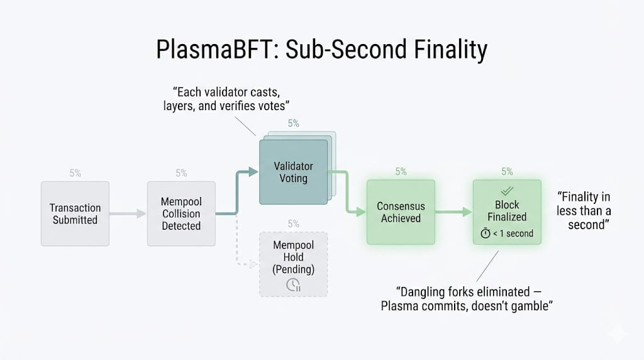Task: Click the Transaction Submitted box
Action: [75, 213]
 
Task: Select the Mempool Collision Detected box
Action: [181, 213]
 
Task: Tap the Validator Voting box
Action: [294, 172]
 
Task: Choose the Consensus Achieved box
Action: [401, 212]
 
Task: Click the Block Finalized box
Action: [507, 212]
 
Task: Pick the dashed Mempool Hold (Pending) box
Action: [293, 264]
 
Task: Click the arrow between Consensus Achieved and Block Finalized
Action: [454, 213]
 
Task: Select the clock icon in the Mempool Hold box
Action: [293, 284]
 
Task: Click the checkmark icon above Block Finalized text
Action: [507, 191]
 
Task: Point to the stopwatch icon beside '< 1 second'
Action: [485, 233]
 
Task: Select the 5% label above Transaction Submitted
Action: [75, 173]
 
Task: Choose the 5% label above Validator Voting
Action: [294, 123]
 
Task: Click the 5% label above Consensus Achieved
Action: [401, 171]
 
